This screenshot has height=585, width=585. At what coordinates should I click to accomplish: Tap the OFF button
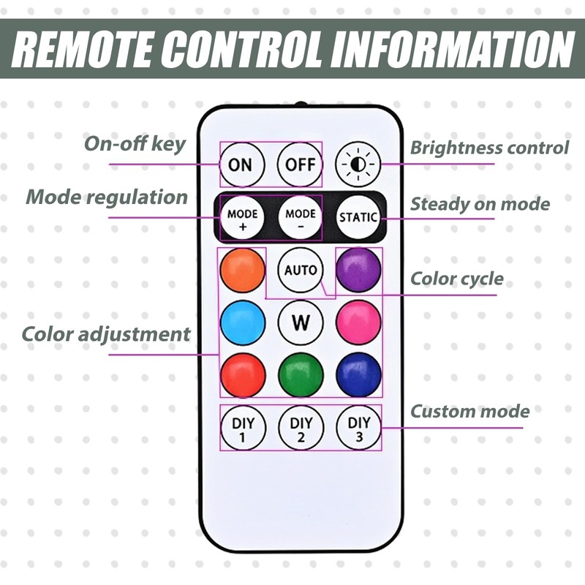300,164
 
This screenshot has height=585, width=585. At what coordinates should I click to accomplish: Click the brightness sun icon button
358,164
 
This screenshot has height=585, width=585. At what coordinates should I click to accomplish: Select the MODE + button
242,217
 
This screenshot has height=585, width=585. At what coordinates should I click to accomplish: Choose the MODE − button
300,217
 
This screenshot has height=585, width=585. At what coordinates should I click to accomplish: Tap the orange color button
242,270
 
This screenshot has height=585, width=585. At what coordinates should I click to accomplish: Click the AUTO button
300,270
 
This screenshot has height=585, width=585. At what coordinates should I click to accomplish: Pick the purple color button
358,270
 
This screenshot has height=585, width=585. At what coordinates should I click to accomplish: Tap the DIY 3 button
358,428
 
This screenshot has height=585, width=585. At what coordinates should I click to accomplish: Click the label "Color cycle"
456,279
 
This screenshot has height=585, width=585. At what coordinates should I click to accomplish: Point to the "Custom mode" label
469,411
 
